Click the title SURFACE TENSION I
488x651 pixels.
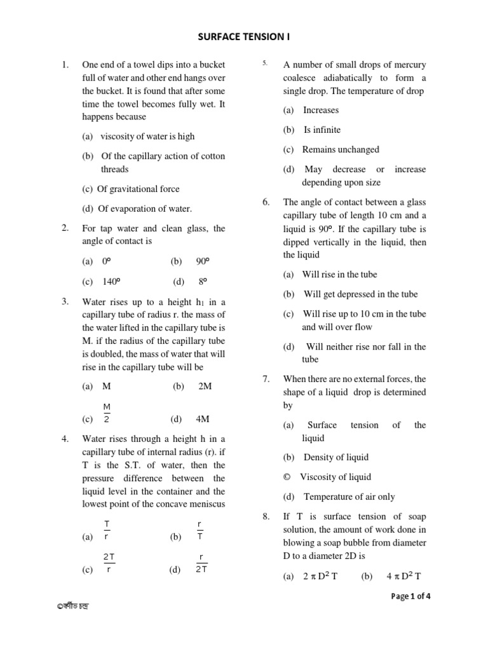click(244, 38)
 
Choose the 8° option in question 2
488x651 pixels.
click(203, 281)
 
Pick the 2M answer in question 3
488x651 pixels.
click(205, 386)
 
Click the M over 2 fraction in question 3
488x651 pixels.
click(107, 413)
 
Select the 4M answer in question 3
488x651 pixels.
click(203, 419)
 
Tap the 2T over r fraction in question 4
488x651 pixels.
click(109, 563)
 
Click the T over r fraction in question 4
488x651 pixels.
click(107, 530)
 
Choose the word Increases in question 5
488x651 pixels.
click(321, 110)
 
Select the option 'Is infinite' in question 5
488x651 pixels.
click(322, 130)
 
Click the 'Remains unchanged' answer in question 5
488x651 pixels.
click(341, 149)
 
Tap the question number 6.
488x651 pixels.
click(266, 202)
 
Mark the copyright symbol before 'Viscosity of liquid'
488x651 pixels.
click(287, 477)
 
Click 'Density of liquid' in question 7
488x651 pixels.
click(336, 457)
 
